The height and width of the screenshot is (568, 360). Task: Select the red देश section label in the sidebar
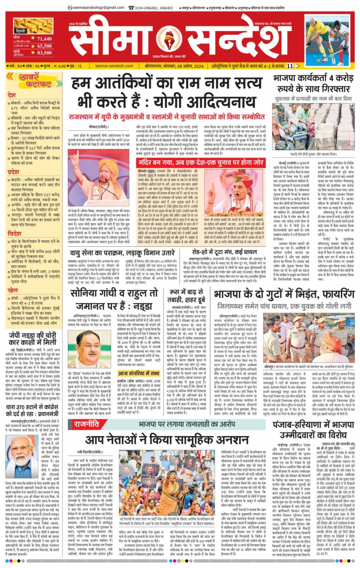pyautogui.click(x=12, y=95)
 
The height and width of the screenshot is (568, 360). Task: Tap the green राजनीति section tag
pyautogui.click(x=86, y=424)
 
